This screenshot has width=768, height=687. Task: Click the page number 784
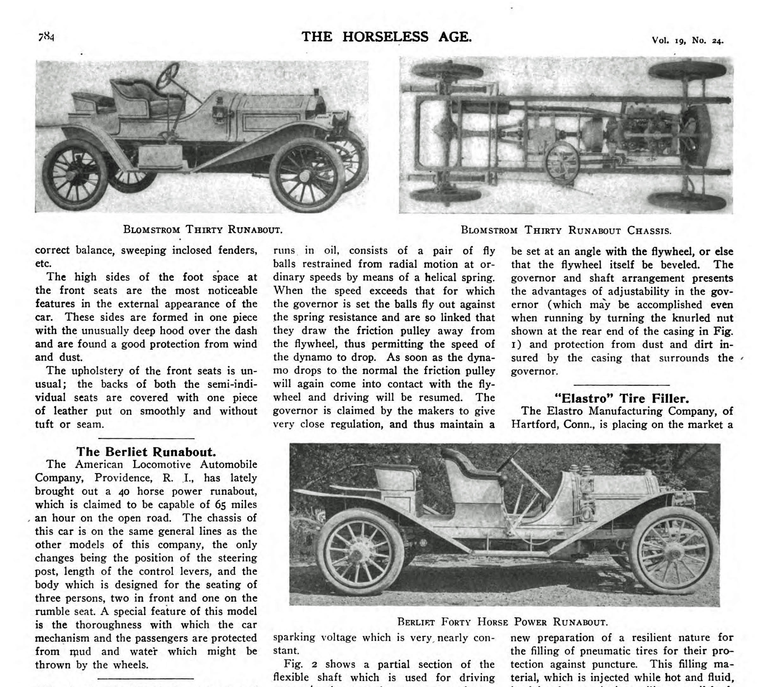pyautogui.click(x=46, y=37)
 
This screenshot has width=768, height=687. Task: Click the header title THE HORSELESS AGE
pyautogui.click(x=386, y=37)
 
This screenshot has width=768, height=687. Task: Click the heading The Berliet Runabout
pyautogui.click(x=146, y=452)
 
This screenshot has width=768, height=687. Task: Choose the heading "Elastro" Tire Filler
pyautogui.click(x=622, y=399)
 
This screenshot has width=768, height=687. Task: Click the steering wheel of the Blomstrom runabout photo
pyautogui.click(x=168, y=75)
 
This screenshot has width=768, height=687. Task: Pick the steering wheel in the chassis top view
pyautogui.click(x=563, y=164)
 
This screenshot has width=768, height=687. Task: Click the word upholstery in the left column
pyautogui.click(x=98, y=371)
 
